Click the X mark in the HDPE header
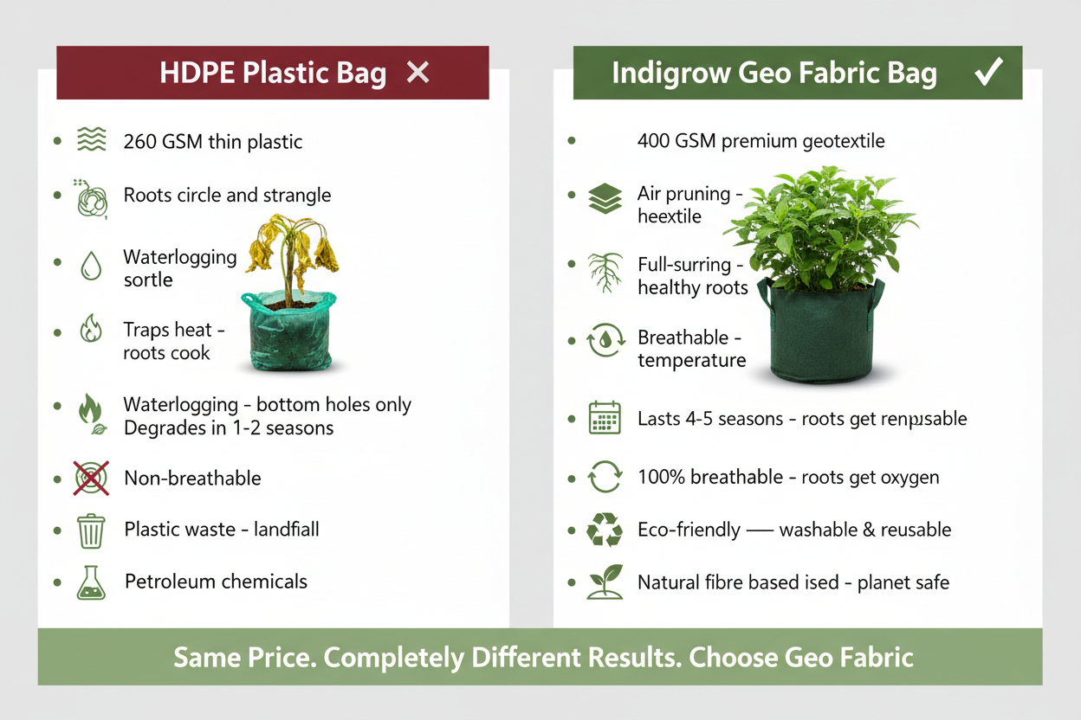pos(418,73)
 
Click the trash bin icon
pos(91,530)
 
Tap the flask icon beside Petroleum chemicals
pos(91,582)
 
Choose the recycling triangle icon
pos(605,530)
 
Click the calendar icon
pos(605,418)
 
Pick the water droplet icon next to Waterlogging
pos(91,267)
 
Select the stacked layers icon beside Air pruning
pos(605,198)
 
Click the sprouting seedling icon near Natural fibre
pos(605,582)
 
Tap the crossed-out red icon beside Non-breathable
pos(91,478)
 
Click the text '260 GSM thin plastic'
pos(213,141)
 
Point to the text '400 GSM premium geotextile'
pos(761,140)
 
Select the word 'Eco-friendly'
pos(689,530)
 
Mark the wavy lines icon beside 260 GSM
pos(91,139)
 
